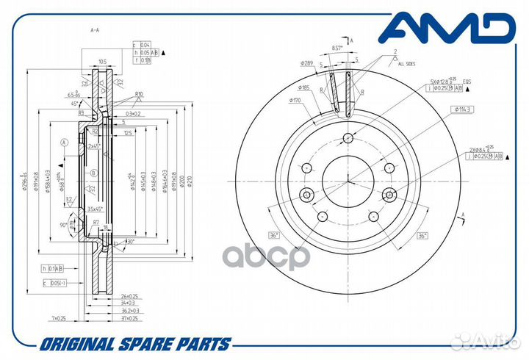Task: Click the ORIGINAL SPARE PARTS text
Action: (136, 344)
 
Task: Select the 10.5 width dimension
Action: (103, 62)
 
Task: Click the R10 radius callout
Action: (137, 94)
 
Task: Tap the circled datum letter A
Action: (65, 142)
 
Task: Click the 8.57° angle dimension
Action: (337, 48)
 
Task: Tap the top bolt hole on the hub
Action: (349, 139)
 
